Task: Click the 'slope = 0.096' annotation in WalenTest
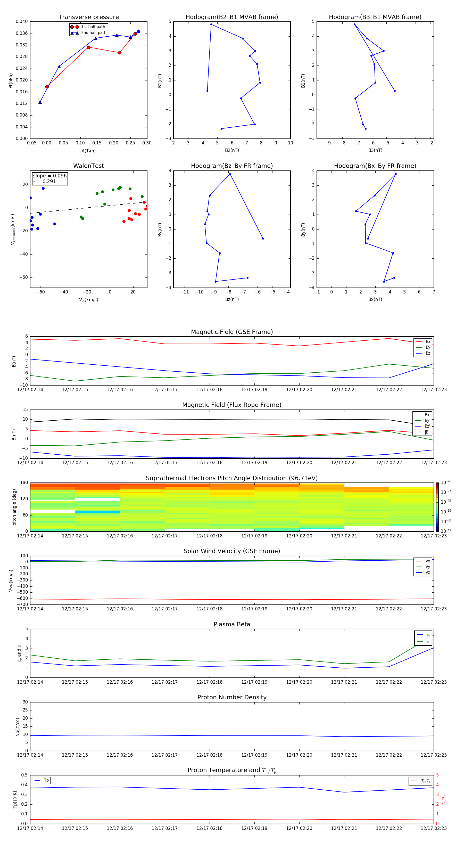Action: tap(49, 176)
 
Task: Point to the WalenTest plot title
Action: tap(88, 166)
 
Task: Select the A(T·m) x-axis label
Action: tap(88, 151)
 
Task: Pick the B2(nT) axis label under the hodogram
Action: tap(232, 150)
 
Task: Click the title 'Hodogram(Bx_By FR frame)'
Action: tap(375, 166)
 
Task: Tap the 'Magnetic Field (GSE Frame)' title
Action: tap(232, 332)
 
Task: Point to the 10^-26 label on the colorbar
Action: tap(446, 482)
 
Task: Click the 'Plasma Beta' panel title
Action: tap(232, 624)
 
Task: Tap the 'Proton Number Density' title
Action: tap(232, 697)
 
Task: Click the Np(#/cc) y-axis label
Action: tap(18, 727)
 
